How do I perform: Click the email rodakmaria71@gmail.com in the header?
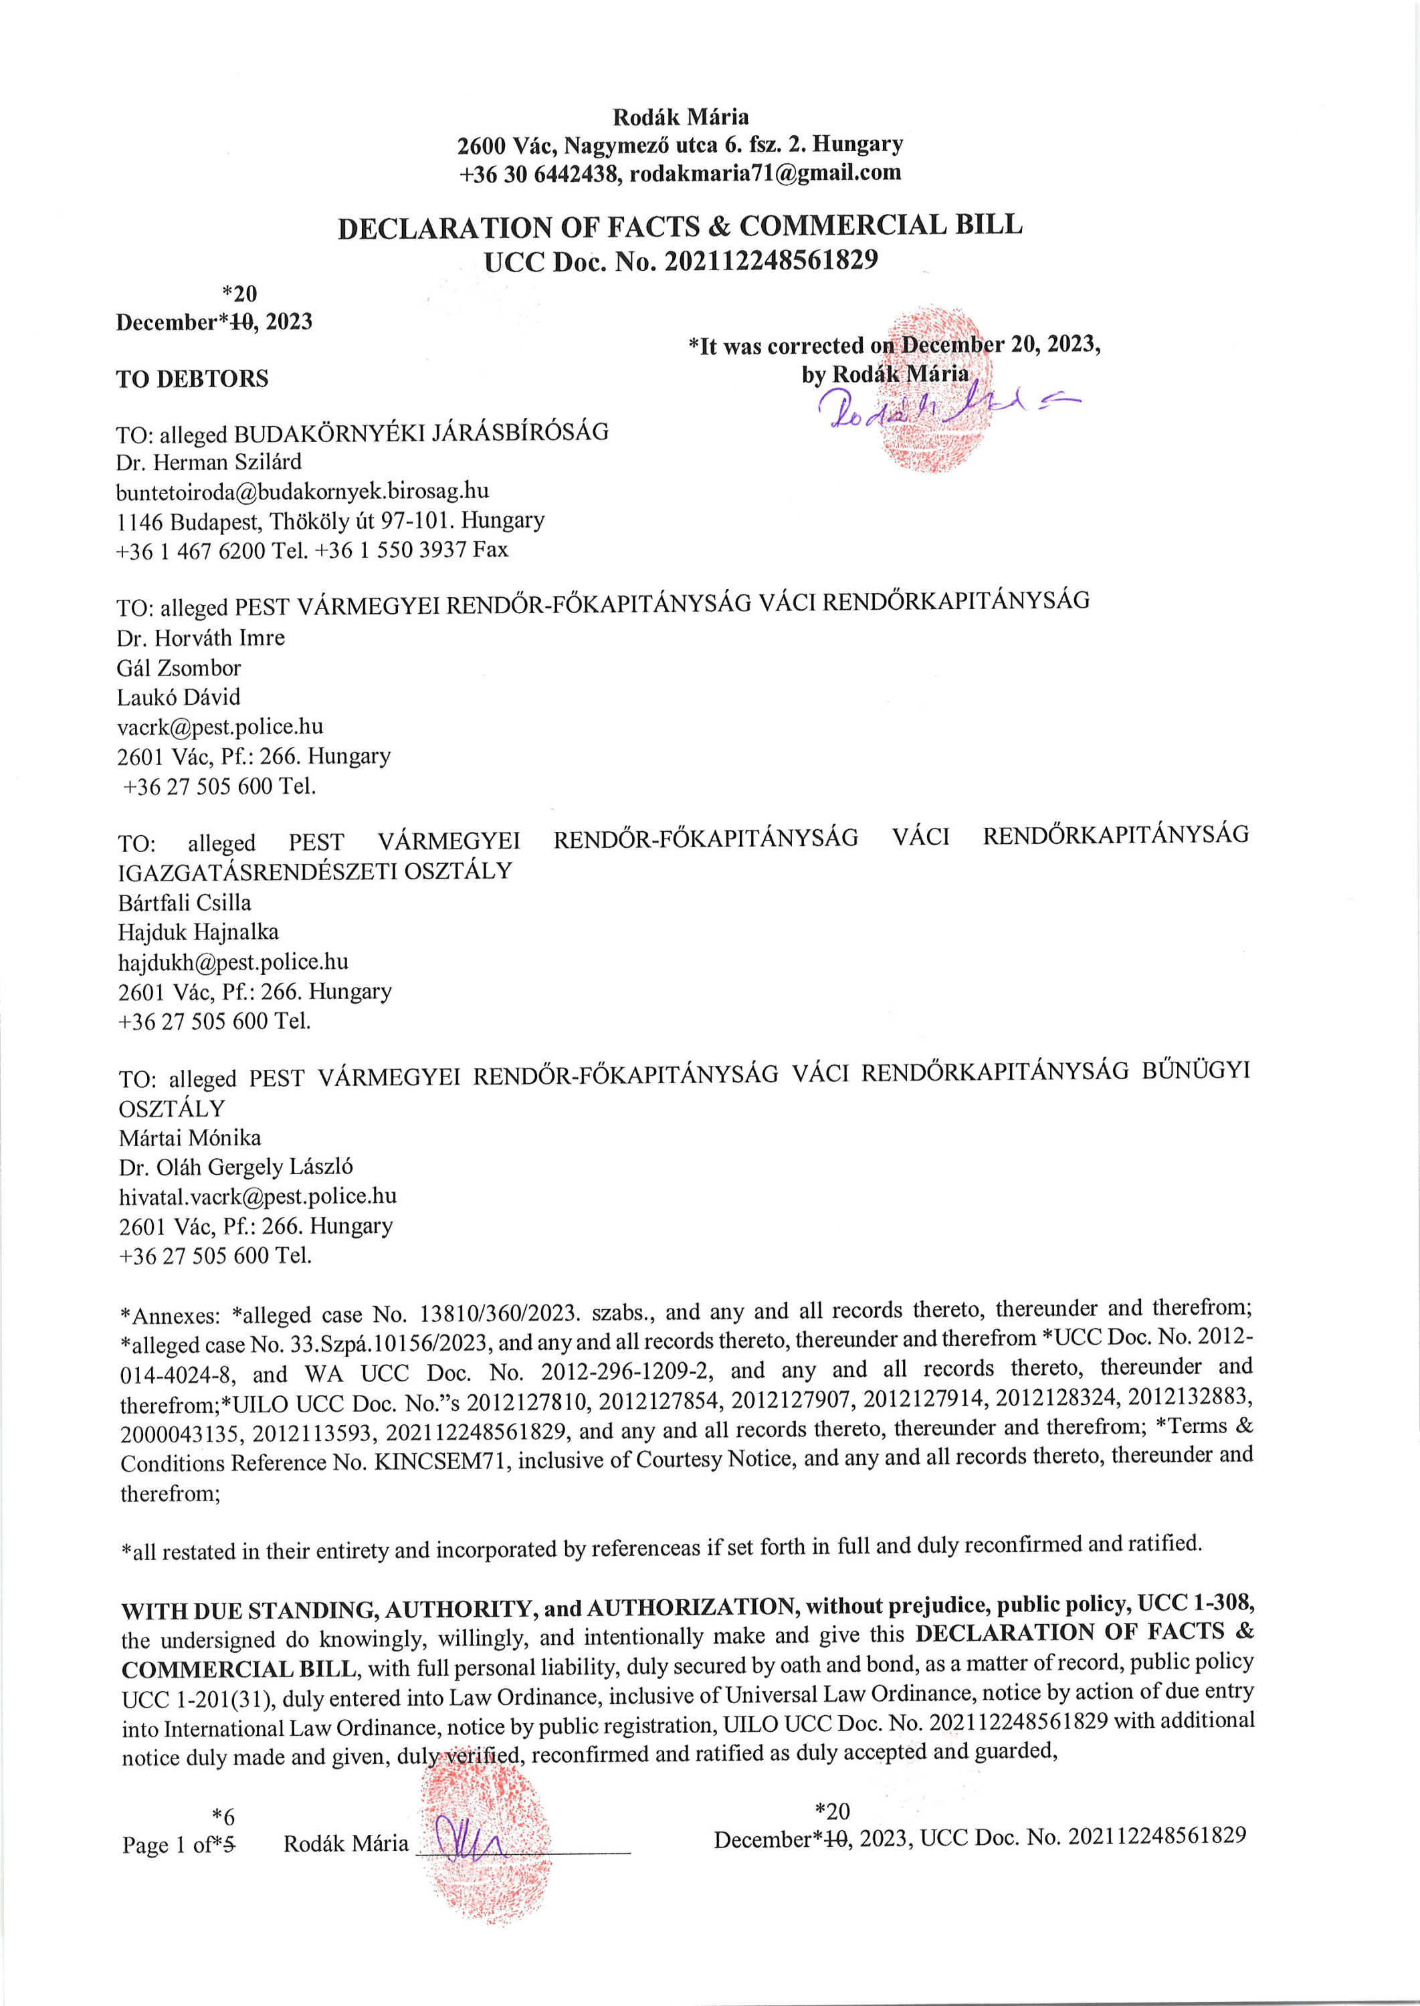[765, 173]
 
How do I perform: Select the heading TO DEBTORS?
[193, 378]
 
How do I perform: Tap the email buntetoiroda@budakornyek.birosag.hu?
[302, 491]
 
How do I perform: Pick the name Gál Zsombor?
[179, 669]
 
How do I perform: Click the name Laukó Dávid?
[179, 697]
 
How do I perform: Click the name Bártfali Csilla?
[185, 903]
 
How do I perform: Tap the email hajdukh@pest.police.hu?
[233, 962]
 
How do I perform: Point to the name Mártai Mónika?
[190, 1138]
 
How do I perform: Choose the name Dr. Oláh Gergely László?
[236, 1167]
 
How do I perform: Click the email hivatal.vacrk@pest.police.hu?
[258, 1197]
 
